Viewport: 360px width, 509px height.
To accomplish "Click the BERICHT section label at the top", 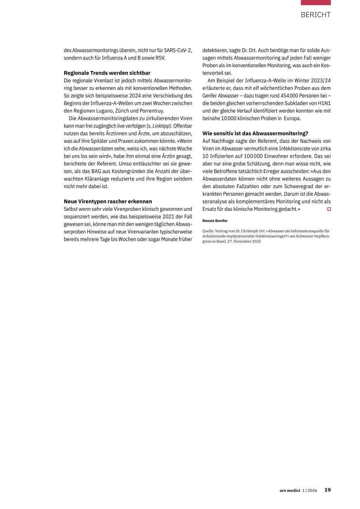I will [315, 15].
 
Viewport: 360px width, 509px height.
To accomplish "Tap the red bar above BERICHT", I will [315, 2].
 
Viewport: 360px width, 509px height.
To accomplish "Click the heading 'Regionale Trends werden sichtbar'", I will [107, 73].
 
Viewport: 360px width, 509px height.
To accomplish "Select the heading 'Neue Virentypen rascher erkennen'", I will [108, 201].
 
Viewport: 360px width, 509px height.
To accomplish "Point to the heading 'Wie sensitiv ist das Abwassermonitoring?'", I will [255, 134].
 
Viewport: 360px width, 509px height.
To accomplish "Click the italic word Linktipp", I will [161, 126].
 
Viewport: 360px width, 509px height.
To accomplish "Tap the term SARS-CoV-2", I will [178, 50].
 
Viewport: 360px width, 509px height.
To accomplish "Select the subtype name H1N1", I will [324, 103].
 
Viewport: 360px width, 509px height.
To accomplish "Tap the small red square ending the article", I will [329, 209].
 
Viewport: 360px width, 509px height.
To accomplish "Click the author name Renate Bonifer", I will [215, 221].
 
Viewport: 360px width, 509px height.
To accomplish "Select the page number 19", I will [327, 490].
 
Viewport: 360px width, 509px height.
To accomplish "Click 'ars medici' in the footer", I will [290, 490].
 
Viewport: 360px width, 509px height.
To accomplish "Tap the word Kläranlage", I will [97, 179].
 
